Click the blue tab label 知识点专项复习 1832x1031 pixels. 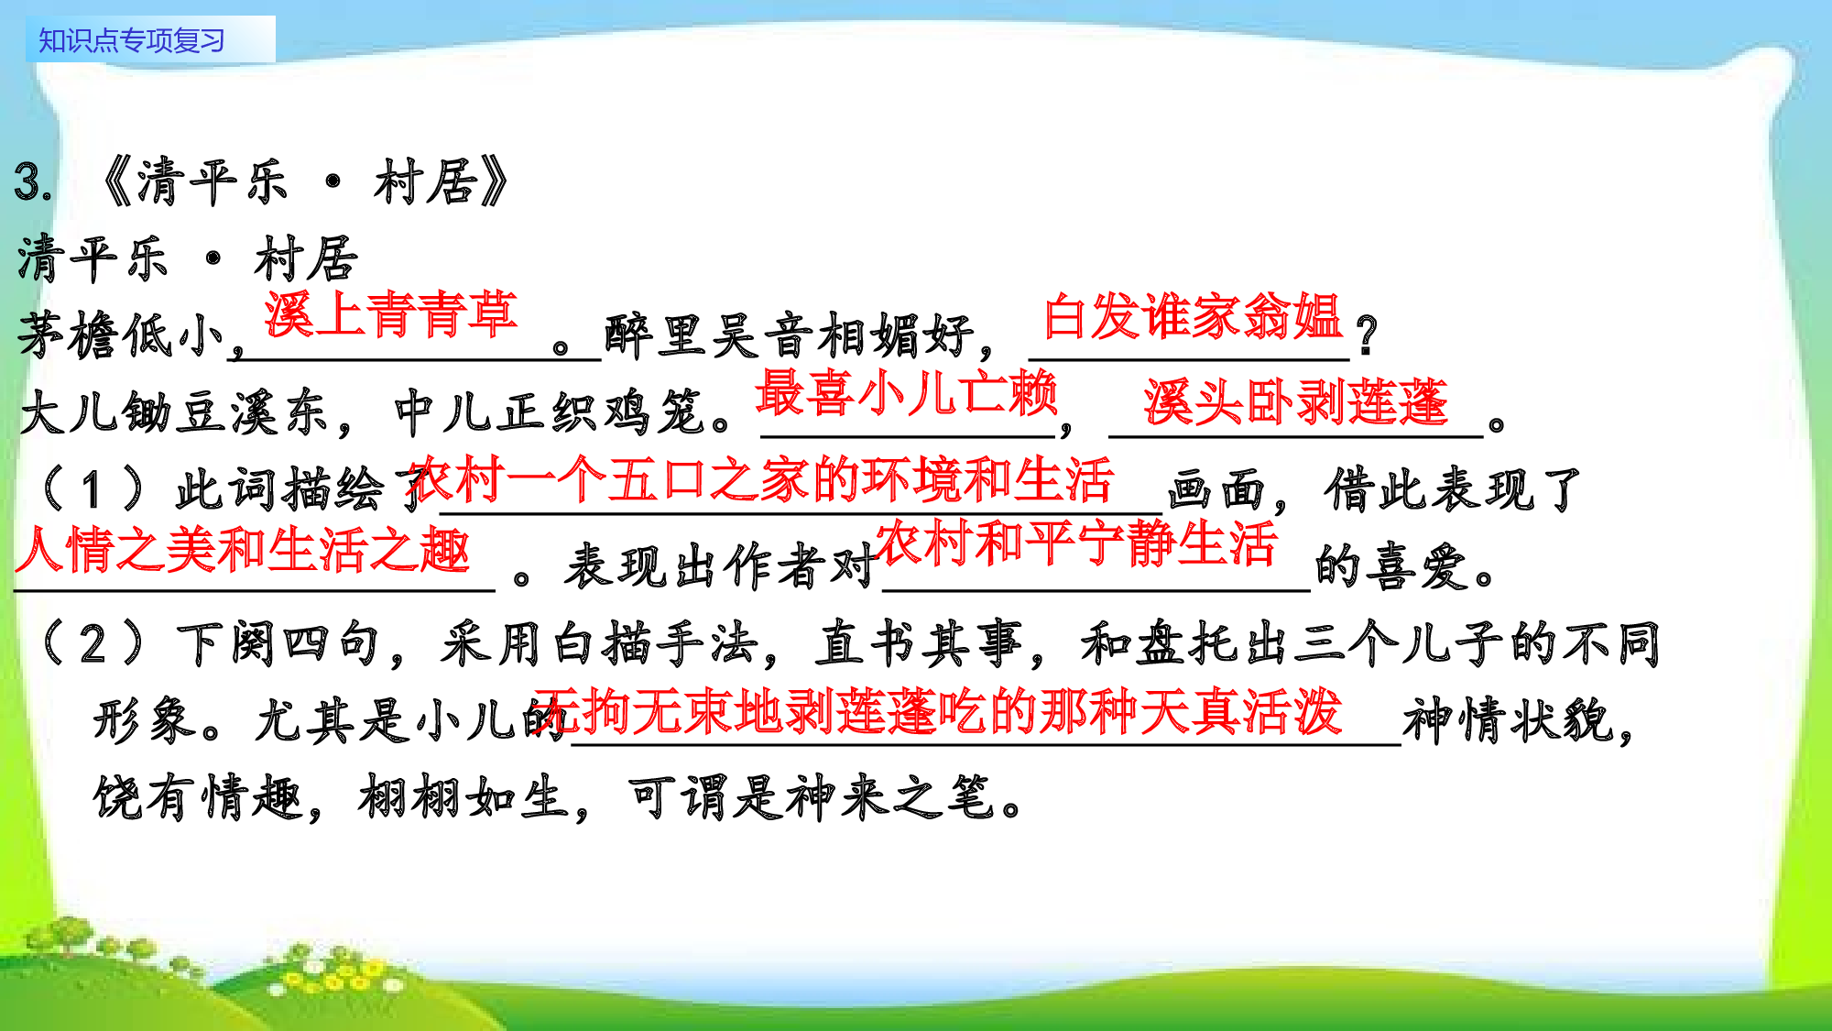pos(132,41)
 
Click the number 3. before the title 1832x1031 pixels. pos(33,181)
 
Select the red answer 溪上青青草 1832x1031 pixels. pos(391,314)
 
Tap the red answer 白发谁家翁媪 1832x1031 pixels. pos(1193,317)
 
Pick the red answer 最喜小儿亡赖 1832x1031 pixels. pos(907,393)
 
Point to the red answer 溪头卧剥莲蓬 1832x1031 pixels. pos(1295,402)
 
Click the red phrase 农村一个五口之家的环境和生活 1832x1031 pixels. pos(760,480)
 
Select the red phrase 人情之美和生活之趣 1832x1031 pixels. pos(243,550)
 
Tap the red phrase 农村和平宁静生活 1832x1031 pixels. pos(1076,543)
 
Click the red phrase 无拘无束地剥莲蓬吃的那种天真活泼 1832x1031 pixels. pos(939,712)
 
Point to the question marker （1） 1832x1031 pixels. pos(92,488)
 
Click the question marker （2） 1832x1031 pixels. pos(92,643)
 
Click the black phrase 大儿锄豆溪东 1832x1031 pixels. pos(174,412)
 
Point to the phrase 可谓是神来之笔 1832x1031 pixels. pos(811,796)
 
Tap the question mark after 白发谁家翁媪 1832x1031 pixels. pos(1367,335)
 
